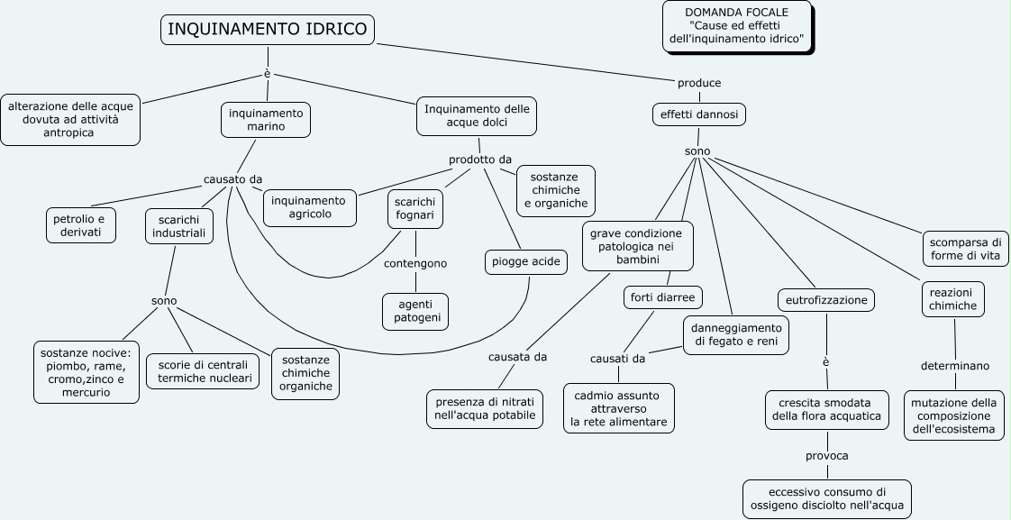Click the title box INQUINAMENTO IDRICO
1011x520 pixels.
pos(268,30)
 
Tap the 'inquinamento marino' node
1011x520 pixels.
pos(266,120)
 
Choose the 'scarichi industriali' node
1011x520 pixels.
pos(179,226)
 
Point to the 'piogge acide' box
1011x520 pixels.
pos(526,262)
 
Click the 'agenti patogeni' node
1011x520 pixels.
pos(415,311)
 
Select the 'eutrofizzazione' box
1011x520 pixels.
pos(825,299)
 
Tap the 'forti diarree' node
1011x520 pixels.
pos(662,296)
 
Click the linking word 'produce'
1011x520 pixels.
pos(699,83)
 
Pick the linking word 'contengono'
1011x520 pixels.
pos(415,264)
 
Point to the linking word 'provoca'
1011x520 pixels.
pos(826,455)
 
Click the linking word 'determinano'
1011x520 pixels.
pos(954,366)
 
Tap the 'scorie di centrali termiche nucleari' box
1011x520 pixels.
pos(202,371)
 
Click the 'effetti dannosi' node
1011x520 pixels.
pos(698,115)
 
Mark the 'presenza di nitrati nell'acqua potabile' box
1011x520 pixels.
pos(485,407)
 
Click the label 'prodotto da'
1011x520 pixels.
pos(480,160)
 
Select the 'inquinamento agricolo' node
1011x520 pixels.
pos(309,207)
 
